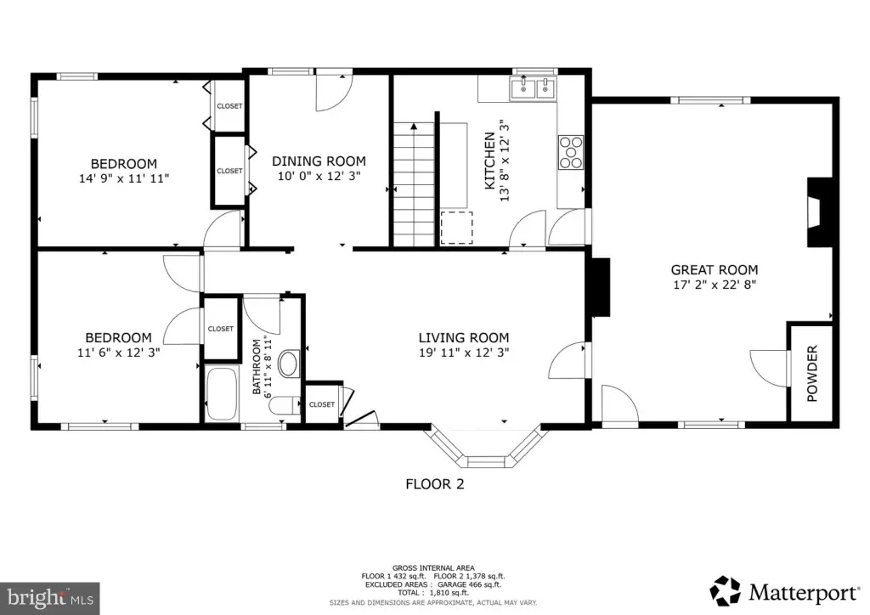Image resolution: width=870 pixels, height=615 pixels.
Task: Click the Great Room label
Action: [714, 270]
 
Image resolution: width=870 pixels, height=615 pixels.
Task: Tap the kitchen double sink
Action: [533, 88]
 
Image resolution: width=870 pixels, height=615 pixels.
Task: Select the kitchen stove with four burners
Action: [570, 152]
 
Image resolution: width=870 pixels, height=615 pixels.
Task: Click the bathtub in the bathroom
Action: [222, 393]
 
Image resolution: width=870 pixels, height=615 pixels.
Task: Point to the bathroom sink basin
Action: [288, 364]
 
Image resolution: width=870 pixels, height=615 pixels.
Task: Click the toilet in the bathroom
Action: [284, 406]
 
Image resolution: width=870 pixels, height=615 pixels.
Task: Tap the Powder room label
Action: [811, 373]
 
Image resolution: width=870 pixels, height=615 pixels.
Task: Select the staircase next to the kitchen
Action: [414, 184]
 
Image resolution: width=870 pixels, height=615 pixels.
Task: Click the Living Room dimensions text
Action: [464, 353]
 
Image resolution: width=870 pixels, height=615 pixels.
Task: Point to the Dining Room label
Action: [319, 161]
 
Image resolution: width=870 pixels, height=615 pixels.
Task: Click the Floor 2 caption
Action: [434, 484]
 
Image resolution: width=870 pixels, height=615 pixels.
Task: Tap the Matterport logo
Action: [784, 592]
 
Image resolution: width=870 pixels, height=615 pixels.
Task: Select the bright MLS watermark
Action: [50, 598]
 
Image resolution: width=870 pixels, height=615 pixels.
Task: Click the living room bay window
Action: [486, 448]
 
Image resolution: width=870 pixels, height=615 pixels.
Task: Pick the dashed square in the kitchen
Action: [456, 228]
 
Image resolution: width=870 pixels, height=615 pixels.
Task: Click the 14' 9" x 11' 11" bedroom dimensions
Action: [124, 178]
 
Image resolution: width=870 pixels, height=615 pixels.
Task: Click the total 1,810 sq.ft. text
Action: [432, 593]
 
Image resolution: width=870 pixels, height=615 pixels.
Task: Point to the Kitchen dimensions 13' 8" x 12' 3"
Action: [505, 161]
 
